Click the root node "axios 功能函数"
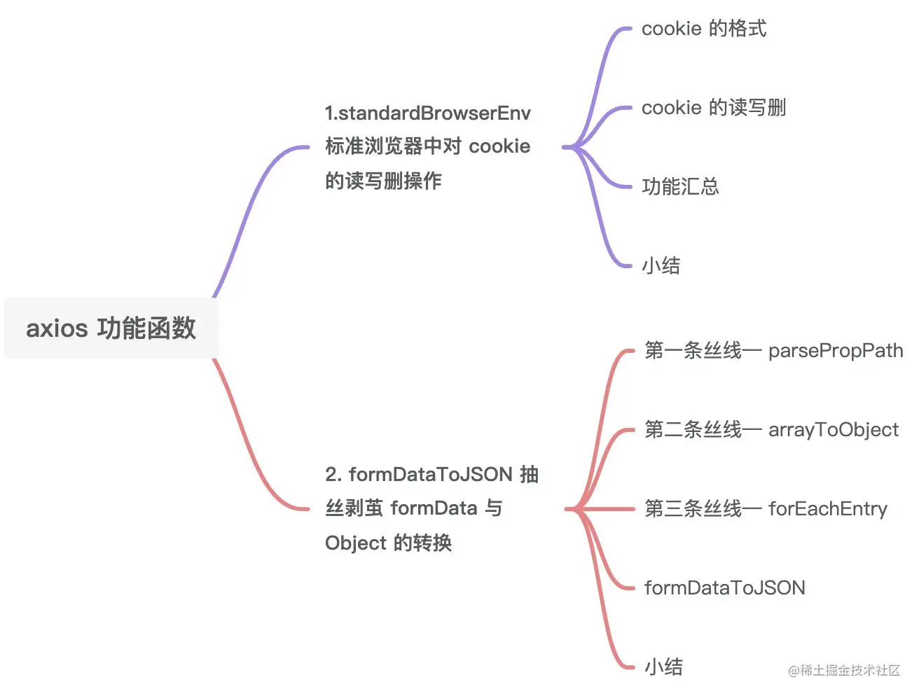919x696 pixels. [111, 328]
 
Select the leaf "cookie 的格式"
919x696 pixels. [703, 29]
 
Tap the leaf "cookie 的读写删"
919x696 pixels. [713, 108]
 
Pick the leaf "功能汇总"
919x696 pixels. [679, 187]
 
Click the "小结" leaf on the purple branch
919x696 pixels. [661, 266]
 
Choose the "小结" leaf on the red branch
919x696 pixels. [663, 667]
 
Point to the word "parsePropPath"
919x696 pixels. [835, 351]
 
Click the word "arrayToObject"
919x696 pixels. [833, 430]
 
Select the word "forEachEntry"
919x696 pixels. [827, 509]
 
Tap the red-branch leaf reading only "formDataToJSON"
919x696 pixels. [724, 588]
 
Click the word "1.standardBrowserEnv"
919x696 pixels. [427, 113]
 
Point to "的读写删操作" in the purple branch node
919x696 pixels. [383, 181]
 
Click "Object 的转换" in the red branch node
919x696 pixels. [388, 543]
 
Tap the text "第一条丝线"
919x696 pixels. [693, 351]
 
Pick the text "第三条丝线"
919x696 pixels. [693, 509]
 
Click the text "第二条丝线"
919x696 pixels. [693, 430]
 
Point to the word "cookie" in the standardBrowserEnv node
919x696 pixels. [499, 147]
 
